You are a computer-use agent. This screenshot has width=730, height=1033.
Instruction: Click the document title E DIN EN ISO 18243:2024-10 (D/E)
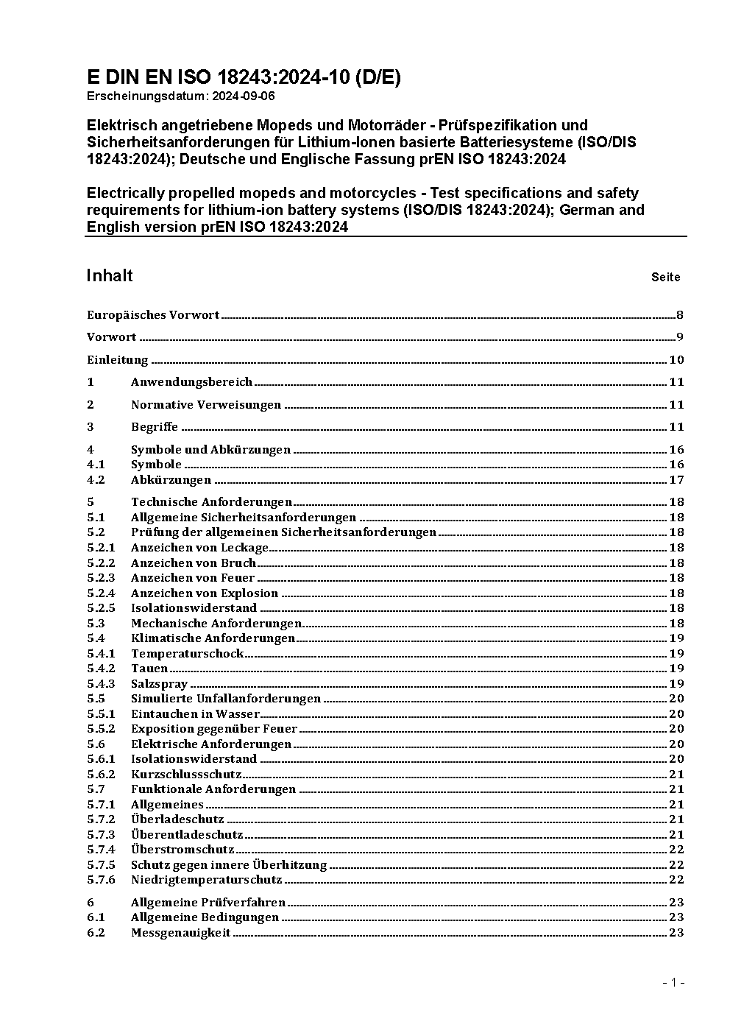244,77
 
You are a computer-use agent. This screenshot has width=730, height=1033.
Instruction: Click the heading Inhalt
110,275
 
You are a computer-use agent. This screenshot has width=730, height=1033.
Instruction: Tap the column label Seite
665,278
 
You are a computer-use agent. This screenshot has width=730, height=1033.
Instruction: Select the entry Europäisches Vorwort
153,315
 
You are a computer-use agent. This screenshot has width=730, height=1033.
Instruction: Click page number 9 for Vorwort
680,337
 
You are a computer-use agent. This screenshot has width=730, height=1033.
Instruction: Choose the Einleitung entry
118,360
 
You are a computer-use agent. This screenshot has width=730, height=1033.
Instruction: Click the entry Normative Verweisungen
206,405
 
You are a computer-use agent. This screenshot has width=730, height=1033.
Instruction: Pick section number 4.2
96,480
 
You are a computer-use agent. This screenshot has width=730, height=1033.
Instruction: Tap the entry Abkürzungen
171,480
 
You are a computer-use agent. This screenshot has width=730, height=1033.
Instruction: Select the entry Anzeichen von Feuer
193,578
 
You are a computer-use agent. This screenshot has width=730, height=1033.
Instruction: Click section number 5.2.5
101,608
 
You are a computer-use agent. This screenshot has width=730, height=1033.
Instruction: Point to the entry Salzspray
159,684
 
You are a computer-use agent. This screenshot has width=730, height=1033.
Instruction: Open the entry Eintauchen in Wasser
195,714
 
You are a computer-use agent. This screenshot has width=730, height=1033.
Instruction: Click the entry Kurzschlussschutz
186,775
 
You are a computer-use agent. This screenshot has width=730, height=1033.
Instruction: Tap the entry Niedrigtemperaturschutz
206,880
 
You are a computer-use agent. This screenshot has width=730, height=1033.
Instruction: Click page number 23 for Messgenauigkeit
676,933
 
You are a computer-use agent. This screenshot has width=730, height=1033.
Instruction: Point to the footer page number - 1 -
673,983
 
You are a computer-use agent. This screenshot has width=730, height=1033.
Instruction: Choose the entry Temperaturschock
187,654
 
